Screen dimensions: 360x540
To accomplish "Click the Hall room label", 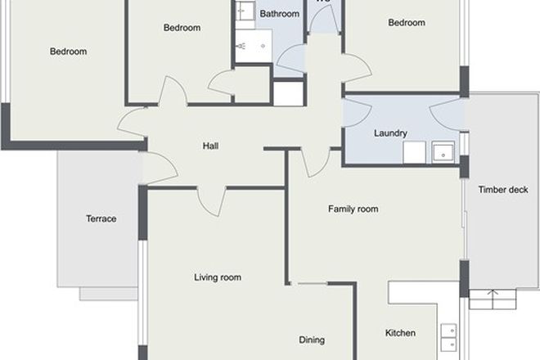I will [x=211, y=147].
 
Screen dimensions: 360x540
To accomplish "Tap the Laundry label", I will [x=390, y=133].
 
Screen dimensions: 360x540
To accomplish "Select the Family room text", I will [x=353, y=209].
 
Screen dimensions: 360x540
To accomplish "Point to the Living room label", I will [x=218, y=278].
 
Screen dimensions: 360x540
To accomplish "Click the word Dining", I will [x=311, y=340].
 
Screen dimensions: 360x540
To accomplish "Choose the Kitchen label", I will [x=400, y=333].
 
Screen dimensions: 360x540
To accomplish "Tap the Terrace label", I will [x=101, y=218].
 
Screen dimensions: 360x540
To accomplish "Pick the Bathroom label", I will [x=279, y=14].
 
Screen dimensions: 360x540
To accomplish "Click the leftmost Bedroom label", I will [x=68, y=52].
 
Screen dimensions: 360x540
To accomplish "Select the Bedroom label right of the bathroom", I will [x=407, y=23].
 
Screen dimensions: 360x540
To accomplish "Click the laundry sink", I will [x=443, y=152].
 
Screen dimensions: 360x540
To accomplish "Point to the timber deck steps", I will [x=493, y=299].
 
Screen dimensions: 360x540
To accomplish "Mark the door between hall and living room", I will [x=211, y=200].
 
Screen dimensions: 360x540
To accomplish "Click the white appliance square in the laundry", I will [x=412, y=152].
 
